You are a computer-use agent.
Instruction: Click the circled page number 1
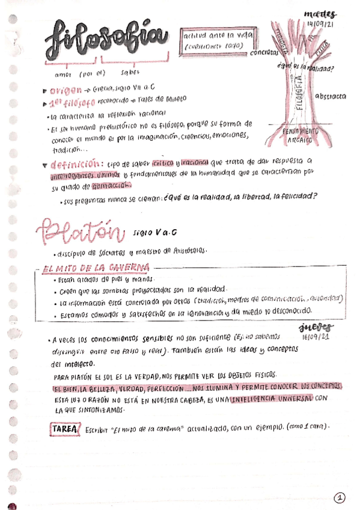[x=340, y=497]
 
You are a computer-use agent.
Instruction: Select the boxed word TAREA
[x=64, y=429]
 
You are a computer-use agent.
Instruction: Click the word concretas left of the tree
[x=263, y=52]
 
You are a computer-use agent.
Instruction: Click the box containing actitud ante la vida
[x=219, y=40]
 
